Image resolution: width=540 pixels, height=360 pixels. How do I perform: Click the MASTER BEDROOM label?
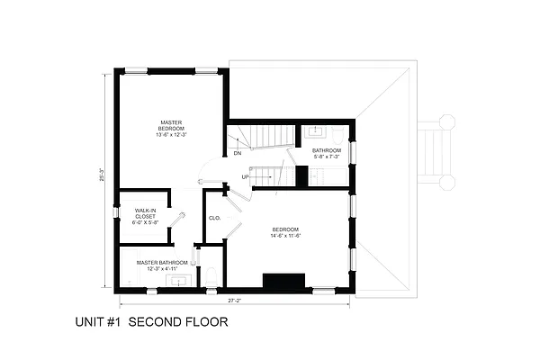click(171, 125)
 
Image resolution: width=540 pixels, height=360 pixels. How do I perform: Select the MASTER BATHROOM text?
click(163, 263)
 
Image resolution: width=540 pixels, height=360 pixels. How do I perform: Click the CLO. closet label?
click(215, 218)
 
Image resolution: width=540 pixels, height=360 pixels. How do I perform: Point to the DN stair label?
click(237, 154)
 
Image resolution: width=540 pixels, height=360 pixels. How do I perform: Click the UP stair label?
click(245, 177)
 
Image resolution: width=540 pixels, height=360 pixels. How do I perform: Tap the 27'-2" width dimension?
click(235, 300)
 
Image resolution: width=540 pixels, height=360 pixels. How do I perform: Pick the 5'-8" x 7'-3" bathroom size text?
click(326, 157)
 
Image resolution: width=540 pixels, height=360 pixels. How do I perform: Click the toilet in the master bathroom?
click(210, 275)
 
